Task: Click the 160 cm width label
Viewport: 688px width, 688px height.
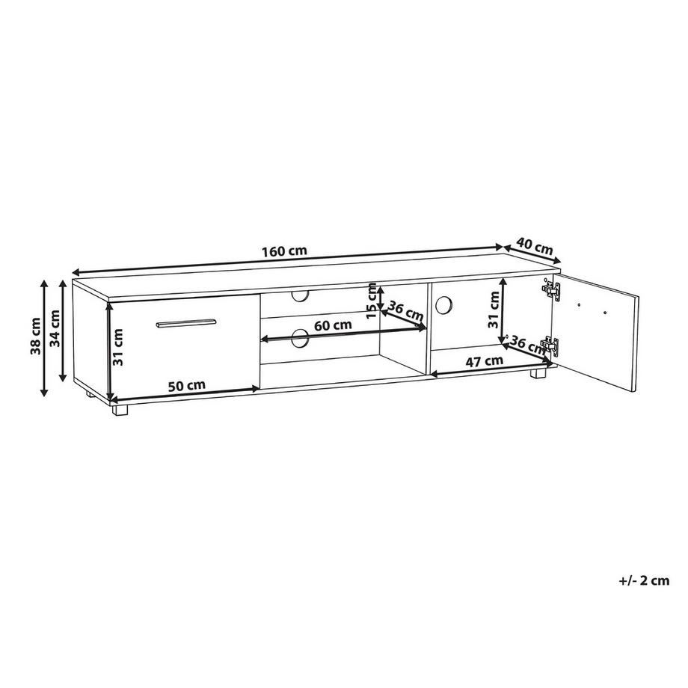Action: pyautogui.click(x=284, y=251)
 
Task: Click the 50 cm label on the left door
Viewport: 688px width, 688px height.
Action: pyautogui.click(x=185, y=385)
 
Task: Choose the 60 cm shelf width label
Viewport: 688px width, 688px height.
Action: pyautogui.click(x=332, y=325)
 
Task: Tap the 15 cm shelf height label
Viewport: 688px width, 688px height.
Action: pyautogui.click(x=372, y=302)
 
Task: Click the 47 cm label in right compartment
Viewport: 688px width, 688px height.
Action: pyautogui.click(x=483, y=360)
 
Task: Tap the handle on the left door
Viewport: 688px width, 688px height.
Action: pyautogui.click(x=186, y=323)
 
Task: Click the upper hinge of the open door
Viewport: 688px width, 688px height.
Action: pyautogui.click(x=551, y=289)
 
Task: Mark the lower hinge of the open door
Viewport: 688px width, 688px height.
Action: pyautogui.click(x=551, y=345)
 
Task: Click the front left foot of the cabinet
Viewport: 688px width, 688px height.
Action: pyautogui.click(x=121, y=409)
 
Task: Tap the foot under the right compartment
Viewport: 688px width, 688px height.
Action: pyautogui.click(x=538, y=375)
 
